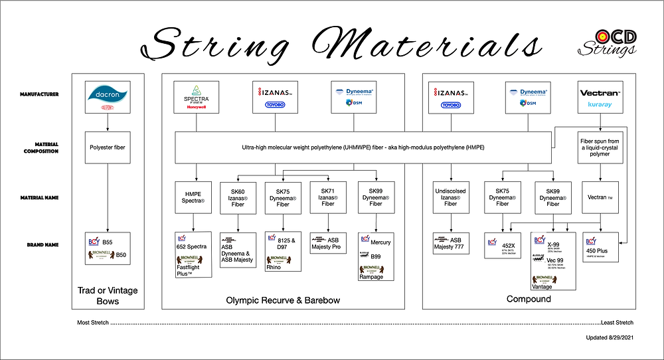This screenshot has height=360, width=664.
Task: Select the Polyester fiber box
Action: [x=108, y=147]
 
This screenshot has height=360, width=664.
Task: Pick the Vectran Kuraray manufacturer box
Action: [x=600, y=96]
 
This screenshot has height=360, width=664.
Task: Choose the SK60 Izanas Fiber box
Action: [x=238, y=197]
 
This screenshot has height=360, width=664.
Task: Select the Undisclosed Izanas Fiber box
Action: [x=451, y=197]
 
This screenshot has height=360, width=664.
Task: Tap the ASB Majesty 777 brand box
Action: [x=451, y=244]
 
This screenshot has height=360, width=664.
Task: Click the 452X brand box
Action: [x=503, y=244]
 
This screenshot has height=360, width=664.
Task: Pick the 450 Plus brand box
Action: [x=600, y=244]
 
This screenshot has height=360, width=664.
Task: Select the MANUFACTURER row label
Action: [x=39, y=94]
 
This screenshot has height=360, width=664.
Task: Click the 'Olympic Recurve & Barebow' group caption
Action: [x=284, y=300]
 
